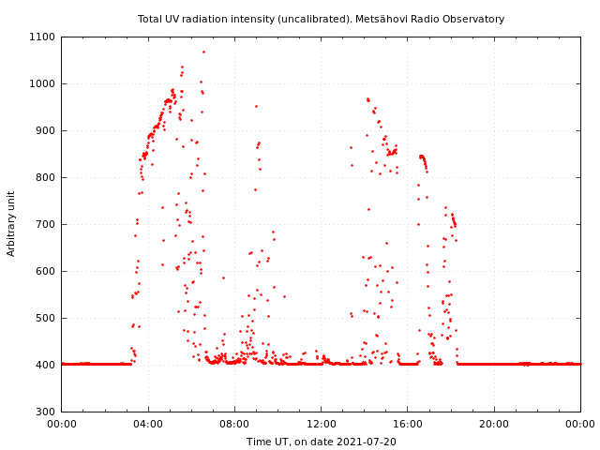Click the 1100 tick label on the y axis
(43, 37)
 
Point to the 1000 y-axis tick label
(43, 84)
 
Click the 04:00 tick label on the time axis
(148, 425)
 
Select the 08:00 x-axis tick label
(234, 425)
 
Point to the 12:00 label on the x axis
(322, 425)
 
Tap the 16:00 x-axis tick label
(408, 425)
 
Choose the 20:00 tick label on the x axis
(494, 425)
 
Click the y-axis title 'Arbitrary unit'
(11, 224)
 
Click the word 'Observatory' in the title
(473, 19)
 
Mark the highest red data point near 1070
(203, 52)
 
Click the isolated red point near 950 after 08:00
(256, 106)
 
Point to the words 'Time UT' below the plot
(266, 442)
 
